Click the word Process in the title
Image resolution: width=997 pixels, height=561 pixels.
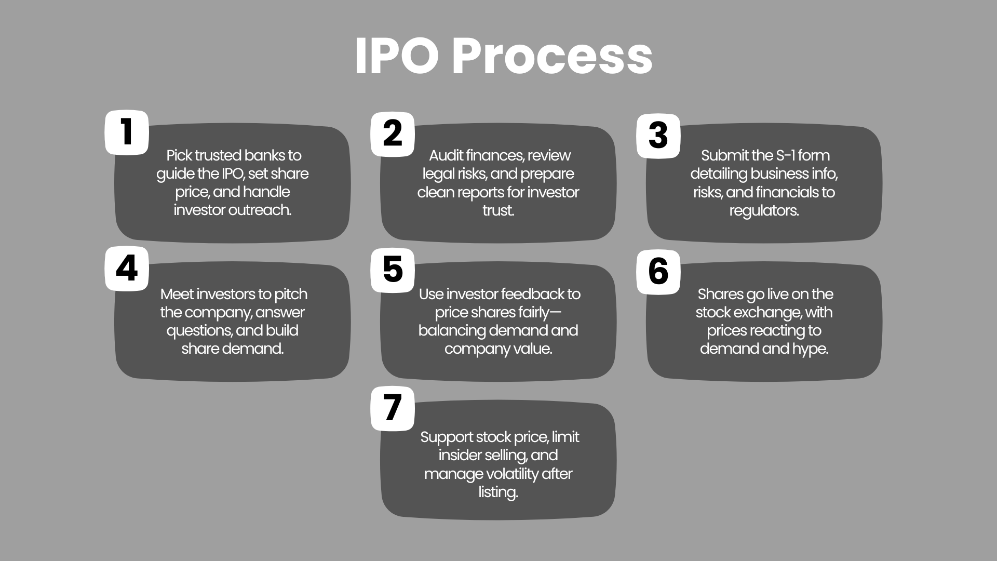click(552, 57)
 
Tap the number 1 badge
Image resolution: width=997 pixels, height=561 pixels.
click(127, 132)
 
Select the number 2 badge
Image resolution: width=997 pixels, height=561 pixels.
click(393, 134)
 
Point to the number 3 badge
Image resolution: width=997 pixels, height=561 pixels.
click(658, 136)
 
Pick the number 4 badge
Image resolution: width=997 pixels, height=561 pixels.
click(127, 269)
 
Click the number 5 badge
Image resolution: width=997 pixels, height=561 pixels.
click(393, 270)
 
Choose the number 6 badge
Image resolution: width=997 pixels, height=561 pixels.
click(658, 272)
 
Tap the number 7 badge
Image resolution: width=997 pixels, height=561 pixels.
click(393, 408)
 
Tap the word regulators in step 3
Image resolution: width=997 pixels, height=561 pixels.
click(764, 211)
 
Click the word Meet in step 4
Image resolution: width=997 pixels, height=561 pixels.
click(178, 294)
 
